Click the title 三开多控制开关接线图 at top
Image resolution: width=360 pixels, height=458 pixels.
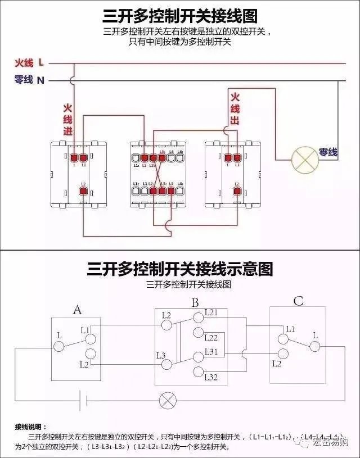pos(180,15)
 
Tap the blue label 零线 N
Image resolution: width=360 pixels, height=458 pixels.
pos(29,80)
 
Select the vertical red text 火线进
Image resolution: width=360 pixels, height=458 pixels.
pos(68,119)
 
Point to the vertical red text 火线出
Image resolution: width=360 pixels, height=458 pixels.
pos(235,108)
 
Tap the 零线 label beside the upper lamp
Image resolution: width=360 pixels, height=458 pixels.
pos(328,152)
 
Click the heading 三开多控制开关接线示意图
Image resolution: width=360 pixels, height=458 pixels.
pos(180,269)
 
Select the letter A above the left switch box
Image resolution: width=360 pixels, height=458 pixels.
pos(78,310)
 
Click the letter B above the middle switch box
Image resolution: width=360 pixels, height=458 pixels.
pos(195,303)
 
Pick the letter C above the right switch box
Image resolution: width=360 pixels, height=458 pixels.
pos(298,302)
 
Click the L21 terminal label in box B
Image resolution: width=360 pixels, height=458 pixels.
pos(211,312)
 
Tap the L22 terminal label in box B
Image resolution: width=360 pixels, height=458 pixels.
pos(211,338)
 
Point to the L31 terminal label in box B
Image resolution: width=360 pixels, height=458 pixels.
pos(211,351)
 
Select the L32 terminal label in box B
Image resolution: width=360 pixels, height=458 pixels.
pos(211,377)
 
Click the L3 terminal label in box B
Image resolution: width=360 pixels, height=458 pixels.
pos(161,355)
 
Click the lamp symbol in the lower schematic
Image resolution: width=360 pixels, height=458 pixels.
pos(167,400)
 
